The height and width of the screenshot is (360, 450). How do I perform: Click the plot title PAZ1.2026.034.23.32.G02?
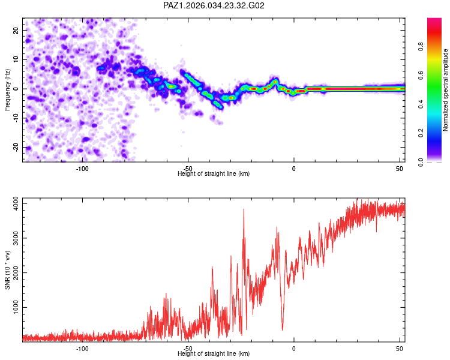pos(214,5)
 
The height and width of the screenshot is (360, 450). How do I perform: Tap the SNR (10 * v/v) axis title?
pos(7,269)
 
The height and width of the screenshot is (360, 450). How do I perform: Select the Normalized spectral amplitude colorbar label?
pos(445,90)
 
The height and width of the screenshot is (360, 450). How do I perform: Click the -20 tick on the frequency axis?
pos(15,147)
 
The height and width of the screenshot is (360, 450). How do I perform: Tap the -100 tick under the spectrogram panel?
pos(83,169)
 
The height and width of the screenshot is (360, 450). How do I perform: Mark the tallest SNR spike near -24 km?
pos(244,209)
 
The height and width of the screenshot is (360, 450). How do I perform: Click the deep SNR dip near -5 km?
pos(283,329)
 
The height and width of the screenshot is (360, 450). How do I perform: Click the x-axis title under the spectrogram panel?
pos(214,174)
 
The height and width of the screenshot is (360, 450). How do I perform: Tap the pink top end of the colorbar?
pos(434,20)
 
